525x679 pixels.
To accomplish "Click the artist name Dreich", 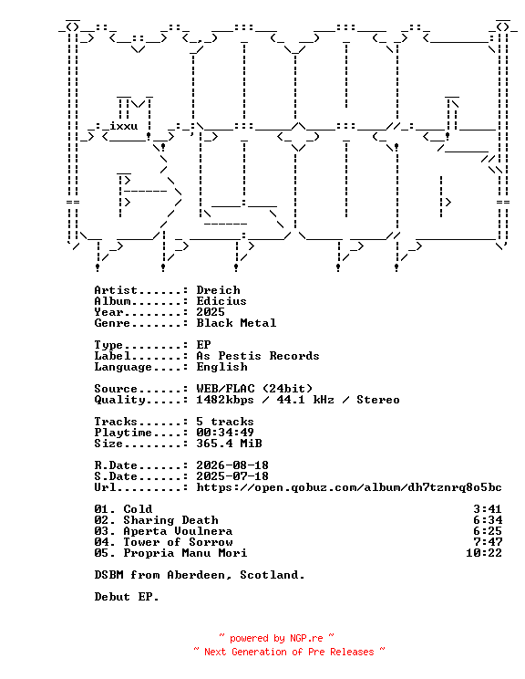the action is (x=218, y=290).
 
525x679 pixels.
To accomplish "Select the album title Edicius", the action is (x=221, y=301).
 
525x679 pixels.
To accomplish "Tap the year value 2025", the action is (x=211, y=312).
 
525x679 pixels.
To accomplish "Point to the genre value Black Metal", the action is (x=236, y=323).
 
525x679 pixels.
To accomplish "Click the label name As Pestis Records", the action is (x=258, y=356).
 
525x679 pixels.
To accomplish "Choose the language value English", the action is (x=221, y=367).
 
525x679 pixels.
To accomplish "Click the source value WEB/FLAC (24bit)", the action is (x=254, y=389).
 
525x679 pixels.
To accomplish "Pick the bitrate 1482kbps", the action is (x=225, y=400).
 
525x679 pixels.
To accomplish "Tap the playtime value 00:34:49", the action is (x=225, y=433).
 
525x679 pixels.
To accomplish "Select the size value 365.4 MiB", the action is (x=229, y=444).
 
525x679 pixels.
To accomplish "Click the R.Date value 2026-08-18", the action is (x=232, y=465).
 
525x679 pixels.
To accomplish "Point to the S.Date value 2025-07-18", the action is (x=232, y=475).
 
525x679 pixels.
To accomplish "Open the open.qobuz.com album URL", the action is (x=349, y=487).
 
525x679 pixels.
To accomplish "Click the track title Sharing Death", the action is (x=170, y=520).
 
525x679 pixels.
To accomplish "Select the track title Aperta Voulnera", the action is (x=178, y=531).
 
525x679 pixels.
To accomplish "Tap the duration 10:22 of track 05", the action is (x=484, y=553).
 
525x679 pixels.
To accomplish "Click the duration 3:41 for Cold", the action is (x=488, y=509).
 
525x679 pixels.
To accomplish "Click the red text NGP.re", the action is (x=306, y=638).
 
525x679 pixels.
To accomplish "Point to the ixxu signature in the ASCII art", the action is (x=124, y=126).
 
